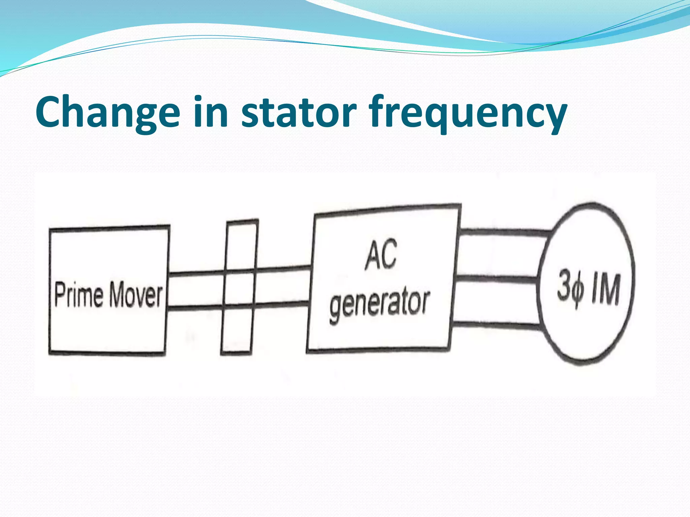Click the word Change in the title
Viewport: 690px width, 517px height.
[x=107, y=112]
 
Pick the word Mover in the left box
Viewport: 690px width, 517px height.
[x=136, y=295]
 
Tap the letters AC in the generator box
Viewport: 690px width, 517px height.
[x=381, y=255]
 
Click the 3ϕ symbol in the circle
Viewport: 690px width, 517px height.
[x=570, y=289]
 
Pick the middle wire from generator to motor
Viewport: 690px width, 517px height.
[x=495, y=279]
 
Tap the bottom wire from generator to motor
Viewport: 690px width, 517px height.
[x=495, y=325]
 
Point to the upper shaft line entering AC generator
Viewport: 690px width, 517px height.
[x=283, y=269]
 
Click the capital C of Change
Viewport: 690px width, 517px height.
[x=51, y=112]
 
